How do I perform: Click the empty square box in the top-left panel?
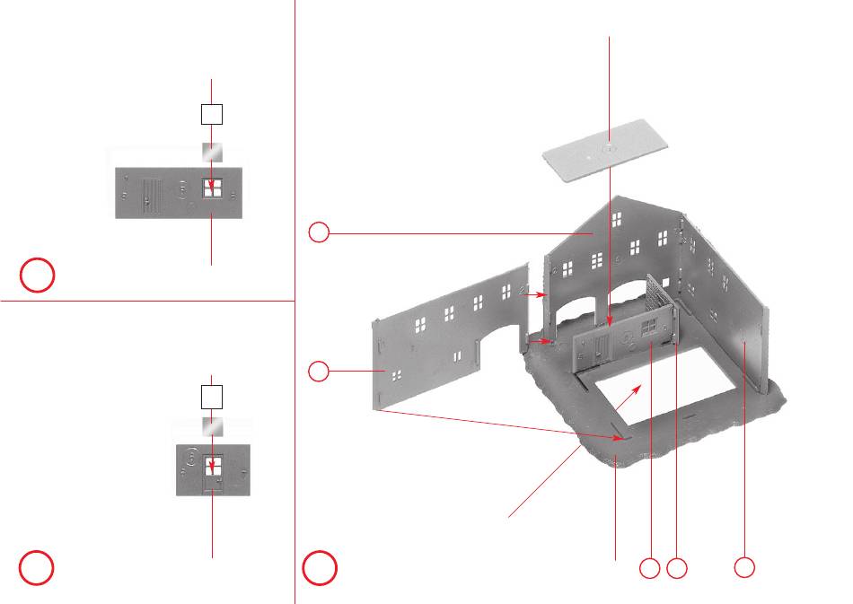click(211, 114)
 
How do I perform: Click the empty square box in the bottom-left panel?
click(211, 396)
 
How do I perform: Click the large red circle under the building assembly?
click(319, 567)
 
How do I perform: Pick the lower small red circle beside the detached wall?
click(319, 370)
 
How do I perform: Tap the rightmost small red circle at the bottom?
click(743, 567)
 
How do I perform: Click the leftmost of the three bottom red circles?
click(649, 567)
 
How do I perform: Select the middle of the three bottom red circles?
click(678, 567)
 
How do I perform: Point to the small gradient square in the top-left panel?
click(212, 153)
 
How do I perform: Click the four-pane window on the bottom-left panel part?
click(213, 468)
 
